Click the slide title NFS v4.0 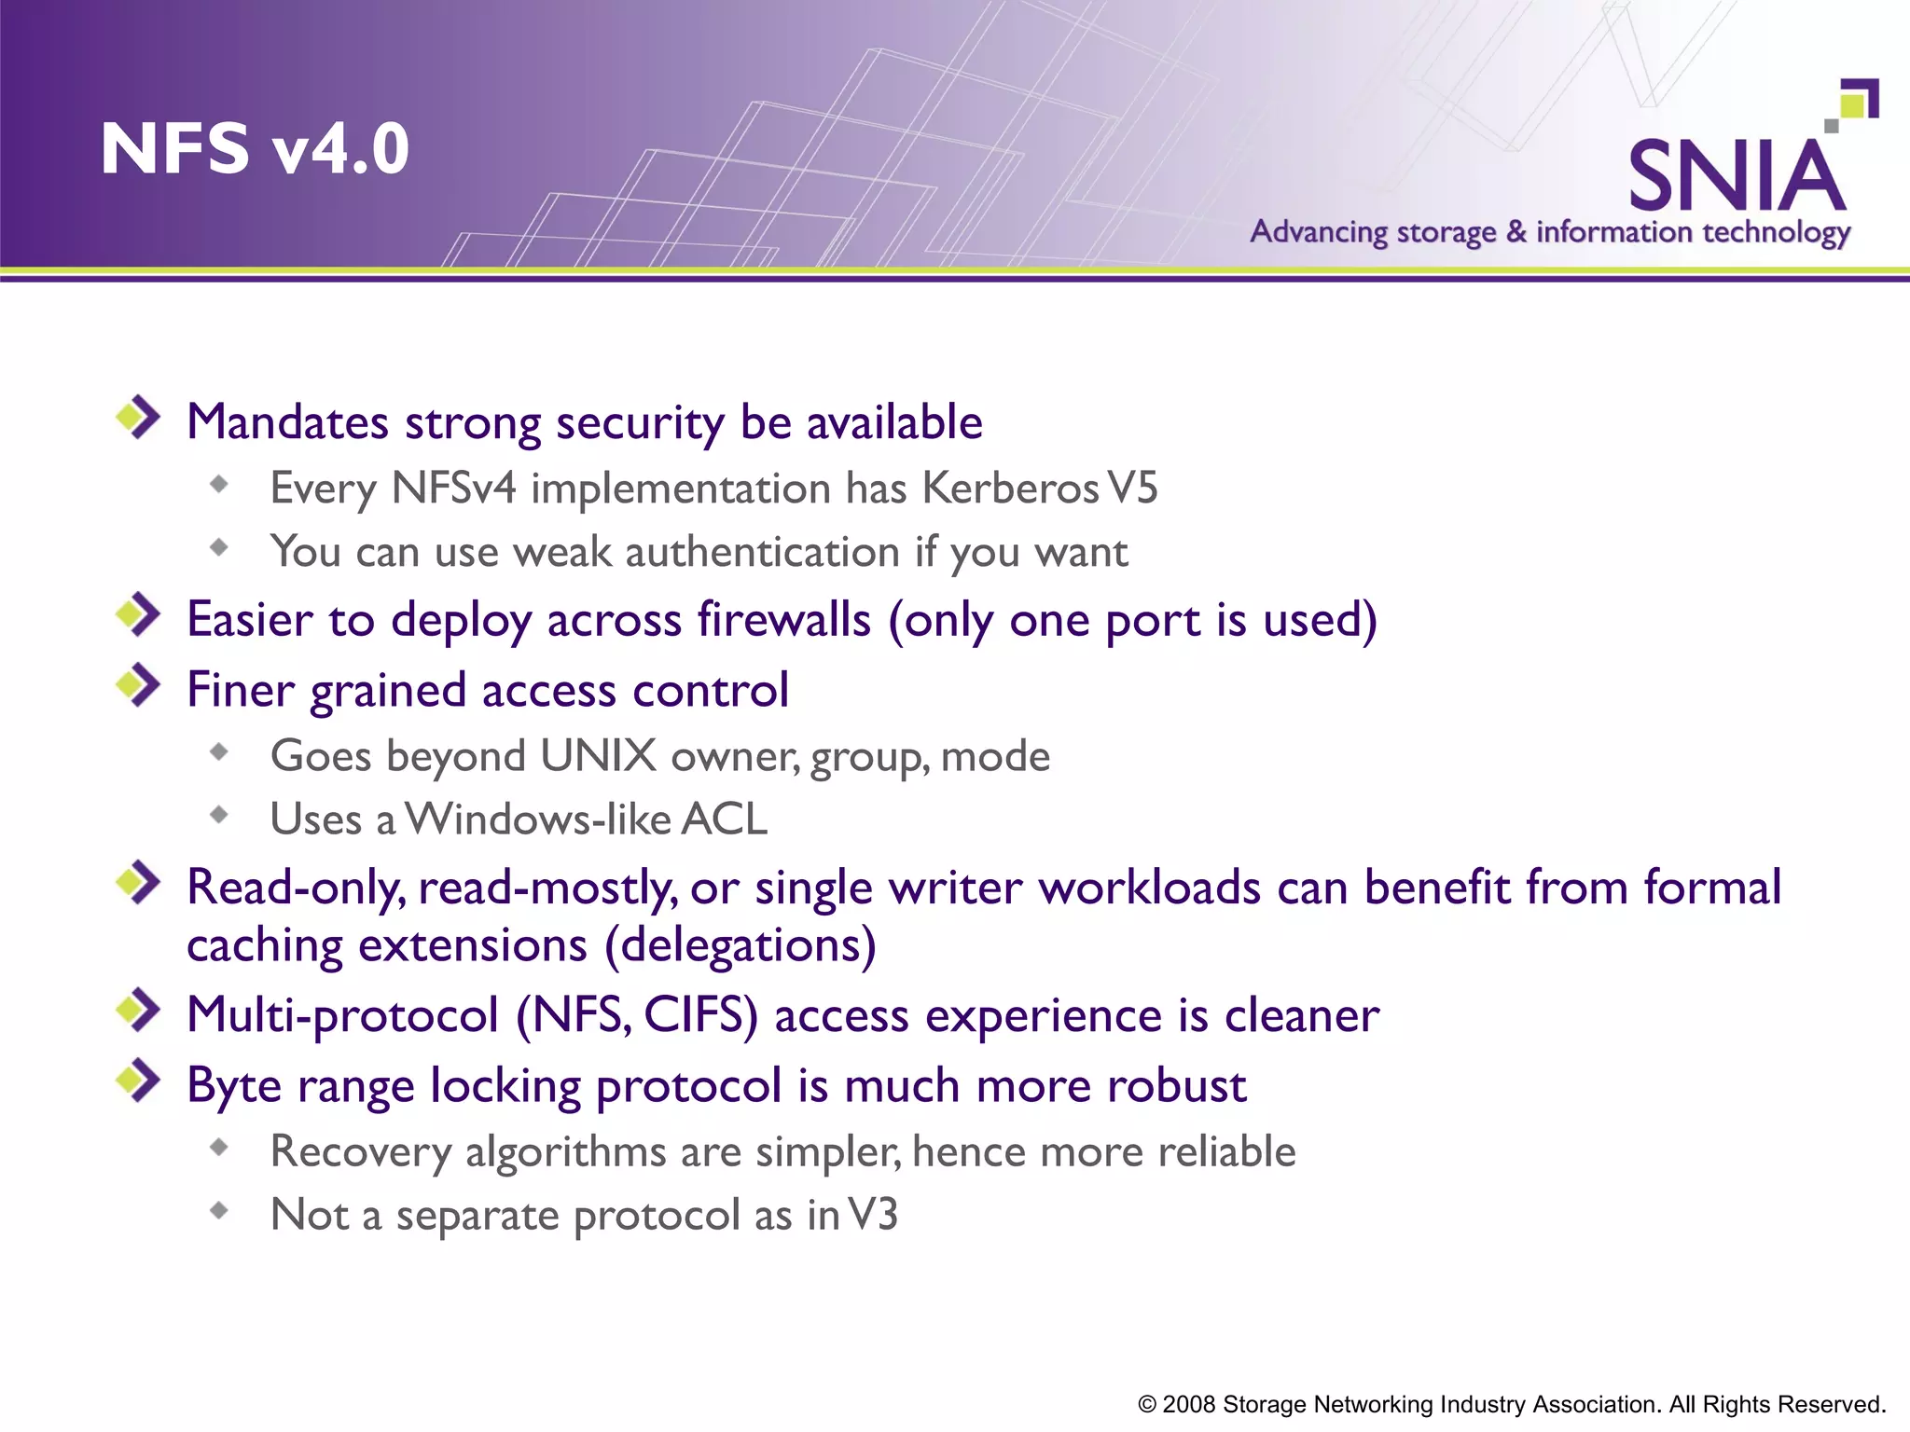point(255,149)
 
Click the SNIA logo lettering point(1737,176)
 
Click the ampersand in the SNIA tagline point(1516,230)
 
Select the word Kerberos point(1010,489)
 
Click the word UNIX point(598,756)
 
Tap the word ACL point(725,819)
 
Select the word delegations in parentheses point(740,945)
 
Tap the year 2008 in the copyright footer point(1188,1404)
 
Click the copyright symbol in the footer point(1147,1405)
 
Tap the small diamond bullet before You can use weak point(219,547)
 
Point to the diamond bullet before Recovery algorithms point(219,1148)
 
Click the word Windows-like point(538,819)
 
